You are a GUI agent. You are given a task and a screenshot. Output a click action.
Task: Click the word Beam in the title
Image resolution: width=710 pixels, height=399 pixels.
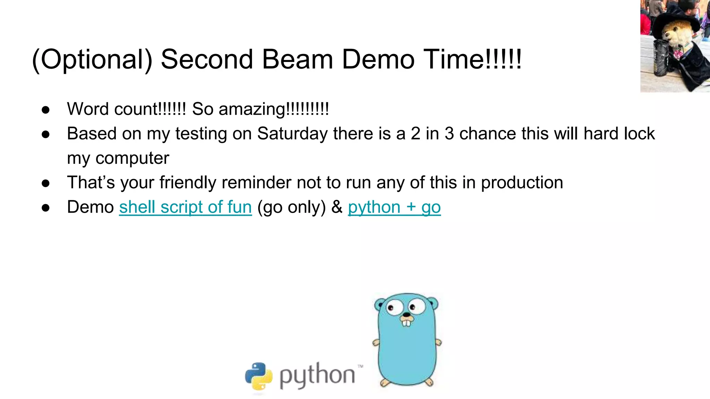pyautogui.click(x=297, y=59)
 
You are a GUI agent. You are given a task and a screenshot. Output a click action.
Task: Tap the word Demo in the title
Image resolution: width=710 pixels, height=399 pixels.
pyautogui.click(x=378, y=59)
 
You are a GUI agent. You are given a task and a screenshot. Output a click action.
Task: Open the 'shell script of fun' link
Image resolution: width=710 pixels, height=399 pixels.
pyautogui.click(x=185, y=207)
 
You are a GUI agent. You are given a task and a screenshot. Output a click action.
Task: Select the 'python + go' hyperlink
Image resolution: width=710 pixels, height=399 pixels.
pyautogui.click(x=394, y=207)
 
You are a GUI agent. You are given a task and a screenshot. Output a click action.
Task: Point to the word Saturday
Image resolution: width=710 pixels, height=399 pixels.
pyautogui.click(x=292, y=134)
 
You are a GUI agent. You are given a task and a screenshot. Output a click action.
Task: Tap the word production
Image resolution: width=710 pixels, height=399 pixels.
pyautogui.click(x=522, y=183)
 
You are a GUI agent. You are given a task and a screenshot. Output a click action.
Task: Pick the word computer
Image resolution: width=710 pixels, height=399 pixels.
pyautogui.click(x=132, y=159)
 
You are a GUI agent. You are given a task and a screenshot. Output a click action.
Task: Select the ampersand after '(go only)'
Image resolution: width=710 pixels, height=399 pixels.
pyautogui.click(x=337, y=207)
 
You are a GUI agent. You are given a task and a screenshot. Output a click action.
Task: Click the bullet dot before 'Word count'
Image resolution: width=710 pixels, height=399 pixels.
pyautogui.click(x=46, y=110)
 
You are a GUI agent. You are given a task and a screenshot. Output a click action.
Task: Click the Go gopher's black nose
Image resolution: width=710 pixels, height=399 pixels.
pyautogui.click(x=406, y=314)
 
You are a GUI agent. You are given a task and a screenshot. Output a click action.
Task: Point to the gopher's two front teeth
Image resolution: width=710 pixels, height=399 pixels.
pyautogui.click(x=406, y=322)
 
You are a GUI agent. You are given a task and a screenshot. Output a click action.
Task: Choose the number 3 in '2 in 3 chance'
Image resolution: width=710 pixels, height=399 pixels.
pyautogui.click(x=449, y=134)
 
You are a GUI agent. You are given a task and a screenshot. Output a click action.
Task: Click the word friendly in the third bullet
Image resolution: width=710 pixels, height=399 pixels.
pyautogui.click(x=188, y=183)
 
